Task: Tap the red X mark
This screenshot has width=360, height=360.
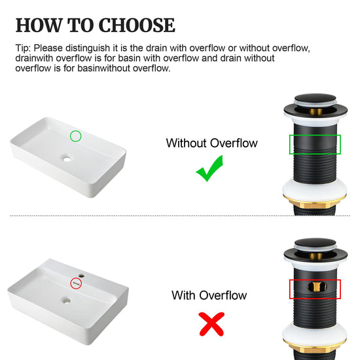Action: coord(211,324)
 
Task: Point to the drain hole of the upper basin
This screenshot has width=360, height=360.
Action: coord(67,158)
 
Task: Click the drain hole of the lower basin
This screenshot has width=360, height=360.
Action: coord(67,300)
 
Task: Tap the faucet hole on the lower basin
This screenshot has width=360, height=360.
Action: coord(81,276)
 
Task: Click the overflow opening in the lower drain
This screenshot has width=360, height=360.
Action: coord(317,286)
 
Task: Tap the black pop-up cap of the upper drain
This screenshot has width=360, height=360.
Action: coord(315,98)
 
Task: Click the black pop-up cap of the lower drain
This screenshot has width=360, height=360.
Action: coord(315,243)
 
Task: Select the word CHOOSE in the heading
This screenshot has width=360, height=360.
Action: coord(137,25)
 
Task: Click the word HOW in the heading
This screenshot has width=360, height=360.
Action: coord(39,25)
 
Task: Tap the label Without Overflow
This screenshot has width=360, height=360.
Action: coord(211,143)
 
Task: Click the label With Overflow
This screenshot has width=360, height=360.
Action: coord(209,295)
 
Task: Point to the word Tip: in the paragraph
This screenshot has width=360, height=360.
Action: coord(23,48)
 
